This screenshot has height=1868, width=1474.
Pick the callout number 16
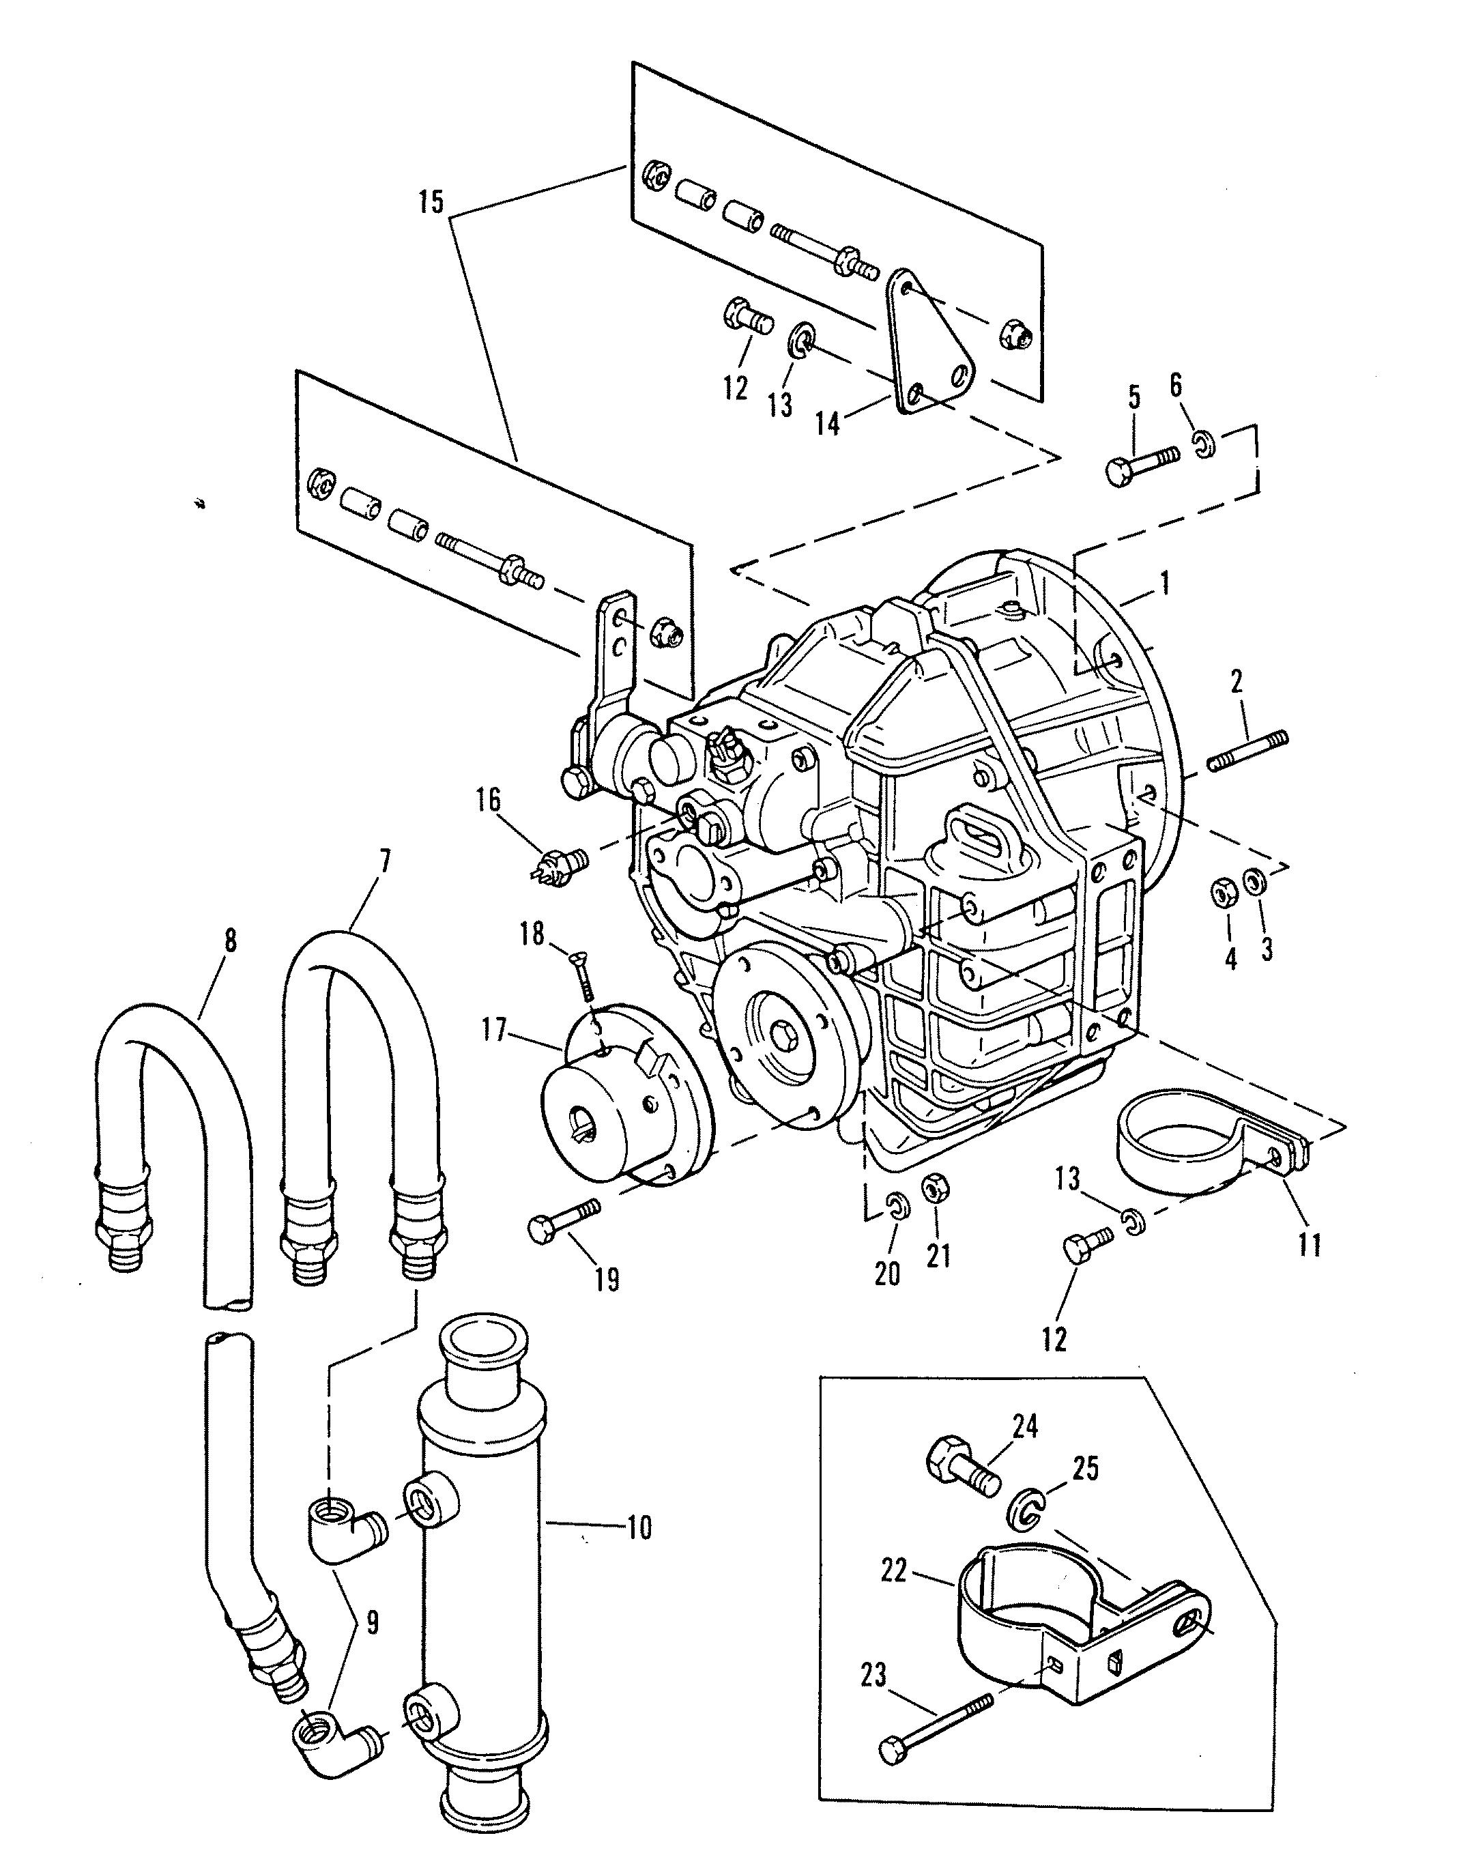click(x=489, y=800)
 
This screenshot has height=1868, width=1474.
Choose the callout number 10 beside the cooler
click(x=638, y=1528)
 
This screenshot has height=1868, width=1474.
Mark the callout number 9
click(x=372, y=1623)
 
